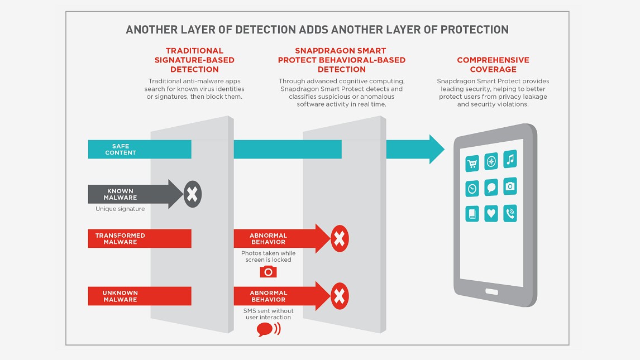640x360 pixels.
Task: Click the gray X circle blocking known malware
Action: pos(192,195)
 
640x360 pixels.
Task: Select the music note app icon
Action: pos(510,160)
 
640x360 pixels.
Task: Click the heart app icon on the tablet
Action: pos(491,213)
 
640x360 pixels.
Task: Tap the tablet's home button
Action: pos(491,291)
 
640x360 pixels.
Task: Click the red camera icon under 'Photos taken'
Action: pos(268,271)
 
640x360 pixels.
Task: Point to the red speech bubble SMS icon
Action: pos(265,329)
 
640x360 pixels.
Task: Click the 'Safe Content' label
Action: pos(121,150)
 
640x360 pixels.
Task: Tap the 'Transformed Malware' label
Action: pos(120,239)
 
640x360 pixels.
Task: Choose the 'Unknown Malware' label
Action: pos(120,296)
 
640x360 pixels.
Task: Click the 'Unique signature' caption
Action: pos(120,209)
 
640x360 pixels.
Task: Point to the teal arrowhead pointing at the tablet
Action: pos(436,150)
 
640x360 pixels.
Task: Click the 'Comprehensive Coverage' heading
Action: pos(493,65)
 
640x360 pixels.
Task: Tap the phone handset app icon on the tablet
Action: pos(510,213)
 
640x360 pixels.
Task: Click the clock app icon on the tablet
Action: pos(472,188)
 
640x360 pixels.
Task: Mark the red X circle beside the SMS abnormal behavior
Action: pos(339,296)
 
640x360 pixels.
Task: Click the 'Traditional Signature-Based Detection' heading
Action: pos(194,60)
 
